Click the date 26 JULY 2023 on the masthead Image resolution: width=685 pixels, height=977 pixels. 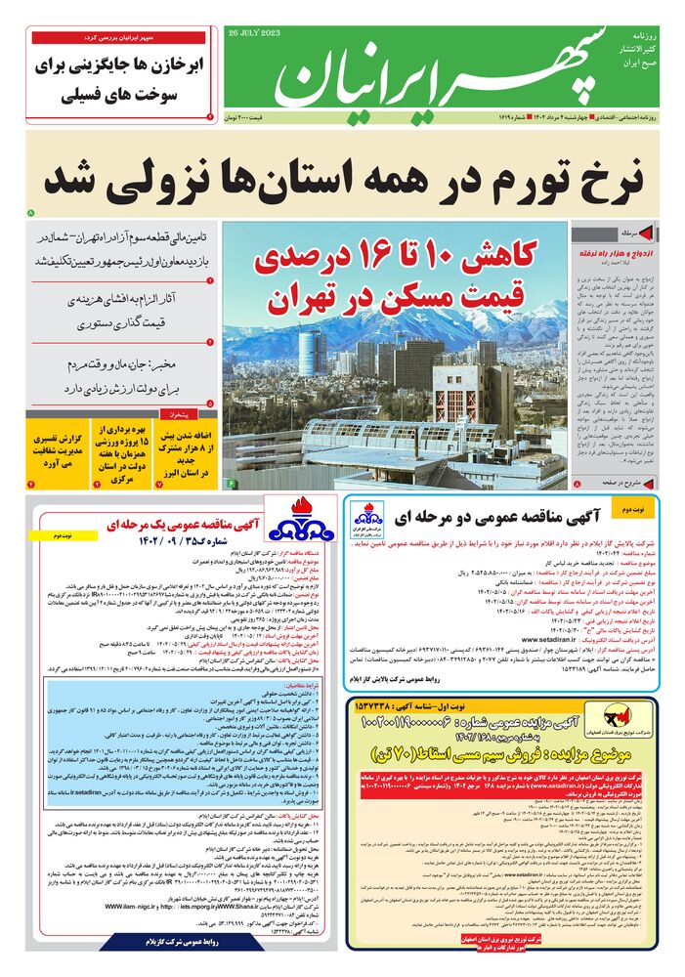click(251, 32)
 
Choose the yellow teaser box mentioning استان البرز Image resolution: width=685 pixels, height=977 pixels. click(190, 450)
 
